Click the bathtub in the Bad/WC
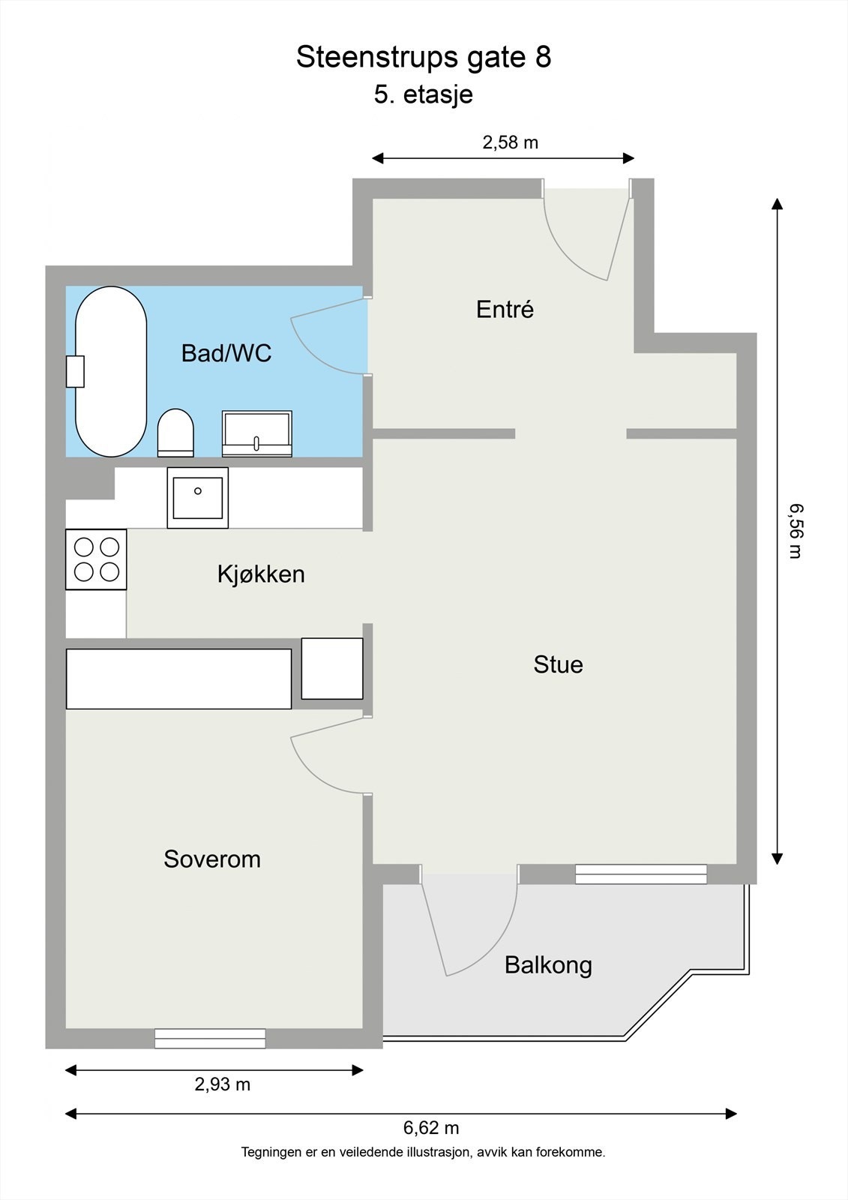[111, 371]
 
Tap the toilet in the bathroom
[175, 433]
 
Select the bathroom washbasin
[257, 433]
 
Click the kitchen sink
[198, 498]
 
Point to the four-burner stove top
[97, 559]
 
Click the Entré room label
[505, 309]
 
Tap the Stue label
[558, 664]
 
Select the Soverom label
[212, 859]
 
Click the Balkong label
[548, 965]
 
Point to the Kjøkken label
[261, 574]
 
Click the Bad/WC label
[226, 352]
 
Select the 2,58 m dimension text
[510, 142]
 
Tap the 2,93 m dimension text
[223, 1084]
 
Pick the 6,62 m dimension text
[431, 1128]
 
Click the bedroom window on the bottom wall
[210, 1039]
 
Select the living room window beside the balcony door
[641, 874]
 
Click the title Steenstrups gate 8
[424, 57]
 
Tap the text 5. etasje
[423, 94]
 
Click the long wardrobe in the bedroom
[179, 679]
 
